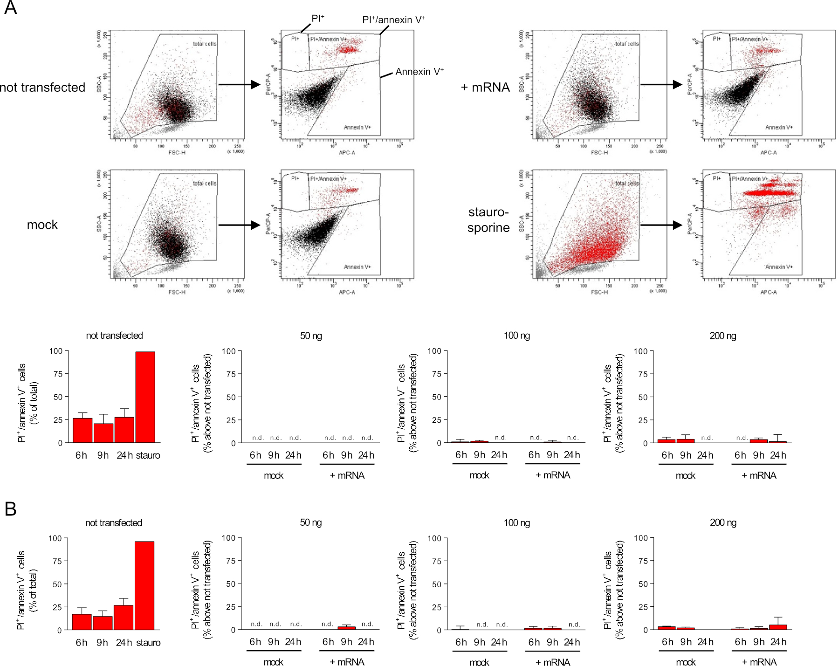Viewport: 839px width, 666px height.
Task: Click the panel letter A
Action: pos(10,8)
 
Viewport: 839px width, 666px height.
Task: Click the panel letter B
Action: pos(10,509)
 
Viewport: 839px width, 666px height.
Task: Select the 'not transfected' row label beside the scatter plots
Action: pos(43,88)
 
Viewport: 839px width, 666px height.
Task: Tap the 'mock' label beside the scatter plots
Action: pos(42,225)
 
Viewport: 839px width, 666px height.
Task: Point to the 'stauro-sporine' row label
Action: pos(488,220)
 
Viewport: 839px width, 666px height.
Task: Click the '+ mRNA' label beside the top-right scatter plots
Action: pos(485,88)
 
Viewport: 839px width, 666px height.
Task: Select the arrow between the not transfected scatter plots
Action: pos(239,84)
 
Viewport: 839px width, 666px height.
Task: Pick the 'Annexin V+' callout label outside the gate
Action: pos(419,72)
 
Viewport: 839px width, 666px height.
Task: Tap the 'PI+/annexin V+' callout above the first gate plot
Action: pos(394,20)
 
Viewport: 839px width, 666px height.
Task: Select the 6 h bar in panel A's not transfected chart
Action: pos(83,430)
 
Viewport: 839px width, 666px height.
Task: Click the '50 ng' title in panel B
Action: pos(311,522)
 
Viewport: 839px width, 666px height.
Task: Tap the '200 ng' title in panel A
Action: pos(723,336)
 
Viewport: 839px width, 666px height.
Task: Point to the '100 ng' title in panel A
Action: pos(517,336)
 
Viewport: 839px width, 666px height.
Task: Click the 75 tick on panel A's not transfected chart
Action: pos(58,374)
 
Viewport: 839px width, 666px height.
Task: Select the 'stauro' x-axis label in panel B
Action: pos(148,643)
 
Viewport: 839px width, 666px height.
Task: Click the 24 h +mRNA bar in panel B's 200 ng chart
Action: pos(778,627)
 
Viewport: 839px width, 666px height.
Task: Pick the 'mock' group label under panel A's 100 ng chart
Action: pos(479,475)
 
